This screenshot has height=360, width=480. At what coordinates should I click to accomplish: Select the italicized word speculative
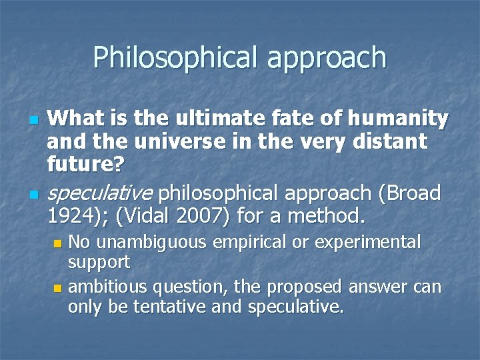coord(100,194)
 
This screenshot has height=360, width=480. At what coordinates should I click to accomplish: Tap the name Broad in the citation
coord(413,193)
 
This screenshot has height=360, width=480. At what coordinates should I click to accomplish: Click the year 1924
coord(72,215)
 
